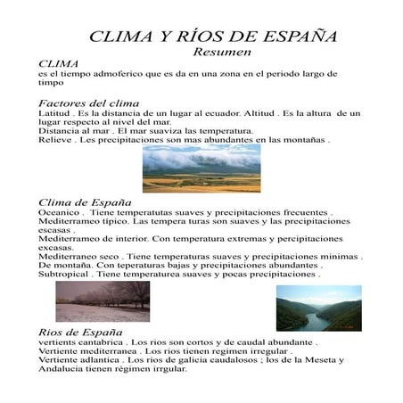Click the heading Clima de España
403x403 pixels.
pyautogui.click(x=74, y=202)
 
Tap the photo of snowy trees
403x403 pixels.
pyautogui.click(x=103, y=303)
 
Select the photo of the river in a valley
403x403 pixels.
pyautogui.click(x=318, y=308)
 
